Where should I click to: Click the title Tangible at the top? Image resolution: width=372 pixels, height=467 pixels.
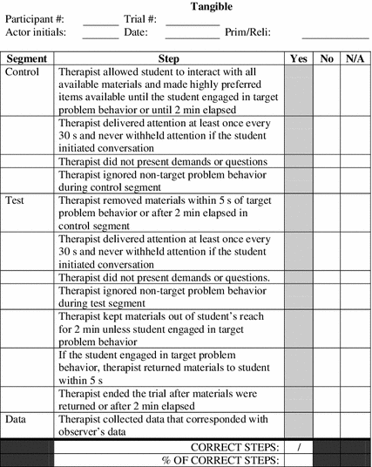click(213, 6)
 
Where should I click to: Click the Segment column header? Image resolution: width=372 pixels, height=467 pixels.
click(27, 58)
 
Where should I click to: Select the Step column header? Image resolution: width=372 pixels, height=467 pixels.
click(170, 58)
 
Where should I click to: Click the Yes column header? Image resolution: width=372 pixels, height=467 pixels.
click(298, 58)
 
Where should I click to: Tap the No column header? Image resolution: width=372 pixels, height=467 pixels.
click(327, 58)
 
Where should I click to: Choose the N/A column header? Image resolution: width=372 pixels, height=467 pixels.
click(354, 58)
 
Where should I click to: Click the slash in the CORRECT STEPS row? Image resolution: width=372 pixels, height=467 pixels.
click(298, 446)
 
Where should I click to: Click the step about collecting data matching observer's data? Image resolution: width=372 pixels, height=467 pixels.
click(170, 425)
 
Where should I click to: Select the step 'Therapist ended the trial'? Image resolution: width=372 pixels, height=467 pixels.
click(170, 399)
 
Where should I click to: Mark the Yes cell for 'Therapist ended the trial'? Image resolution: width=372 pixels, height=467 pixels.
click(298, 399)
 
